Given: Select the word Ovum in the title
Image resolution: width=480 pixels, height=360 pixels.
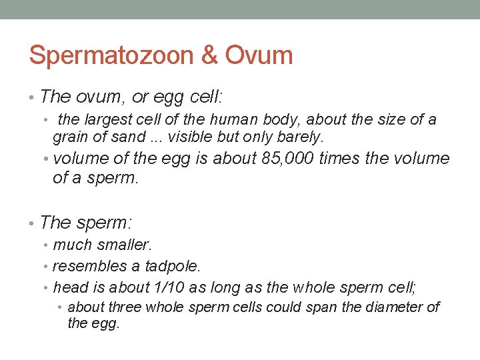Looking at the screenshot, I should (x=259, y=55).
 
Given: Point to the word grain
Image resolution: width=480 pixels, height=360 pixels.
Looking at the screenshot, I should (x=69, y=137).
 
